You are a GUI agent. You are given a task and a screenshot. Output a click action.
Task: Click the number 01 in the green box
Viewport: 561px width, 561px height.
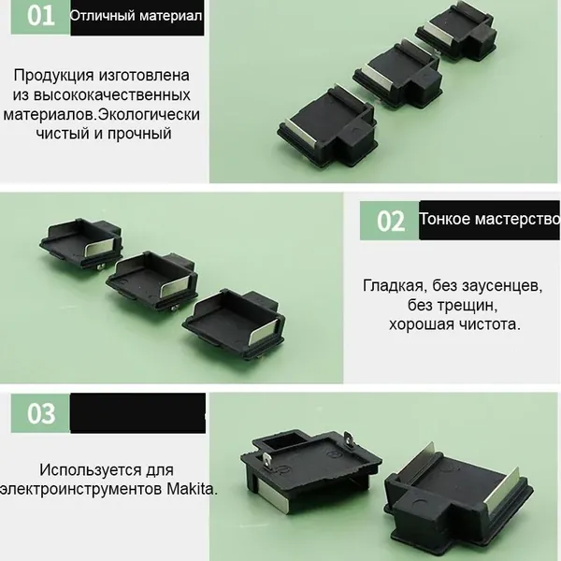[41, 16]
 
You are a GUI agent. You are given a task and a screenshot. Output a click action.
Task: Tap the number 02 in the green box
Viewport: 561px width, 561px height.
[391, 221]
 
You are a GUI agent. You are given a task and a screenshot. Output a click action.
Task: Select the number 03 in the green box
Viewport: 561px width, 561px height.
[41, 413]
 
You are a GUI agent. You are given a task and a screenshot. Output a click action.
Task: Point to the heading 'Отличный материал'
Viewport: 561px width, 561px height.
[136, 16]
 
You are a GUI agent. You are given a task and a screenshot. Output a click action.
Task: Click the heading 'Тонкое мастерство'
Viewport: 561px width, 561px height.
[489, 219]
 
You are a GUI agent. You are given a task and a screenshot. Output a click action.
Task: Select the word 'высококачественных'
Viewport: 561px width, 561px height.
[112, 95]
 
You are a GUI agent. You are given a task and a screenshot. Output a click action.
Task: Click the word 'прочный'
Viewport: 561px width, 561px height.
[139, 134]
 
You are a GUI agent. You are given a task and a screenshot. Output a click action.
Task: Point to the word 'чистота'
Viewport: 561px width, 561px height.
[490, 324]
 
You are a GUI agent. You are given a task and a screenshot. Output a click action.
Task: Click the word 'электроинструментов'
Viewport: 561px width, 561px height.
[80, 489]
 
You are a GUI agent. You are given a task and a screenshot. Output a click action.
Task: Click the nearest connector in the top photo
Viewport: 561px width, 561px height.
[327, 130]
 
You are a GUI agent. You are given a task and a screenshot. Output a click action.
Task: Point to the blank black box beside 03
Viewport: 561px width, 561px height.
[137, 413]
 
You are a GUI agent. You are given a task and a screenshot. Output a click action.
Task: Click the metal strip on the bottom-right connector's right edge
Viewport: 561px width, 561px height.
[503, 490]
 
